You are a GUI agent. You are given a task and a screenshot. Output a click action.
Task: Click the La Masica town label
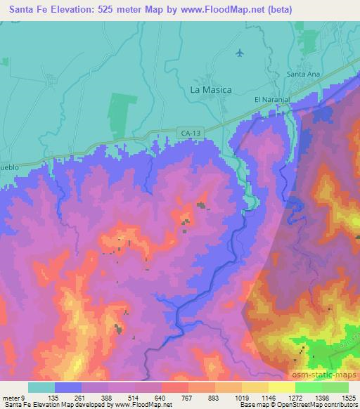tap(211, 90)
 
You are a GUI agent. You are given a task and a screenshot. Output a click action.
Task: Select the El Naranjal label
tap(272, 100)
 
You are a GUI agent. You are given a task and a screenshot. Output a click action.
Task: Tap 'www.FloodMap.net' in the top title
tap(215, 9)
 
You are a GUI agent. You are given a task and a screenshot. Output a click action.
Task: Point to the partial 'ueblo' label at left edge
tap(10, 169)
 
